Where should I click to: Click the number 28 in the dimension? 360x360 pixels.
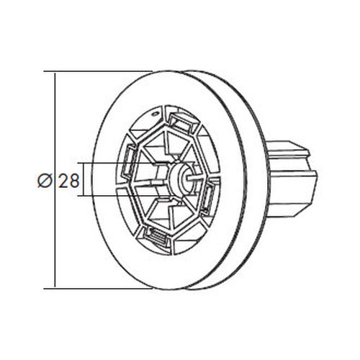(x=68, y=181)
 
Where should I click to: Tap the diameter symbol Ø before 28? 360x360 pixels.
(x=45, y=181)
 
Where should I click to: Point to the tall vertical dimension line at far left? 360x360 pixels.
(x=55, y=180)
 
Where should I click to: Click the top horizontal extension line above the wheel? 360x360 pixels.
(x=98, y=71)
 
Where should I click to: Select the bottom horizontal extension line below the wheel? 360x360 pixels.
(x=98, y=289)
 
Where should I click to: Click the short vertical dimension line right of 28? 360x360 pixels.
(x=84, y=180)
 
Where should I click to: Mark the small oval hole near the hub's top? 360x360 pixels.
(x=155, y=113)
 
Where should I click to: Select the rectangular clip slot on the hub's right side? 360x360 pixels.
(x=208, y=197)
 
